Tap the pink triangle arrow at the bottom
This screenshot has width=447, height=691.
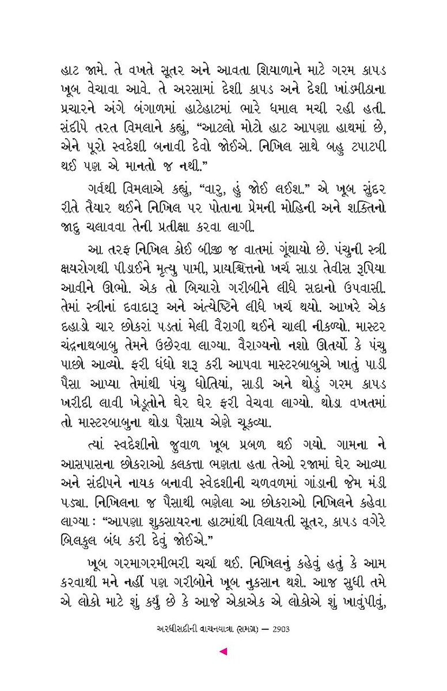223,652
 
